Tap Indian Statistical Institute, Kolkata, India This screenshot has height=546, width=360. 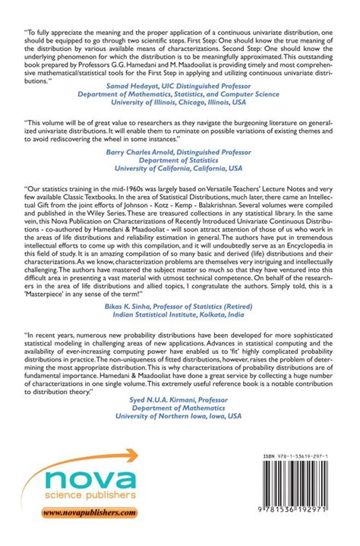pyautogui.click(x=180, y=332)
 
